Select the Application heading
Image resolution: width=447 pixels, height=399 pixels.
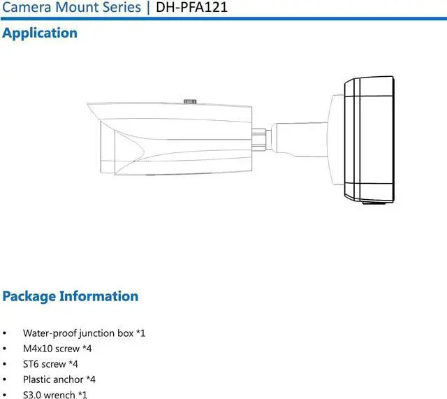[x=40, y=33]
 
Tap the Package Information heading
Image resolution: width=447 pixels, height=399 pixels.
[x=70, y=296]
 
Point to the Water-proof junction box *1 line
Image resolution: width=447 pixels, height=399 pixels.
[x=84, y=333]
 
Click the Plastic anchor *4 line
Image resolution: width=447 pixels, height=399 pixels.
[x=59, y=379]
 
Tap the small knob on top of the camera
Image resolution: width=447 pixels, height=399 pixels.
[x=189, y=101]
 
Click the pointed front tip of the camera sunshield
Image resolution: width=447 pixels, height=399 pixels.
[x=89, y=106]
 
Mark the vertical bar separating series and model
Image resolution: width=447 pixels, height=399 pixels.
[x=149, y=8]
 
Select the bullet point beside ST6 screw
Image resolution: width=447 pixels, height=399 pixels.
[x=6, y=365]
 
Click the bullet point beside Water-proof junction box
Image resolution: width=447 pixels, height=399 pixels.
[x=6, y=334]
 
